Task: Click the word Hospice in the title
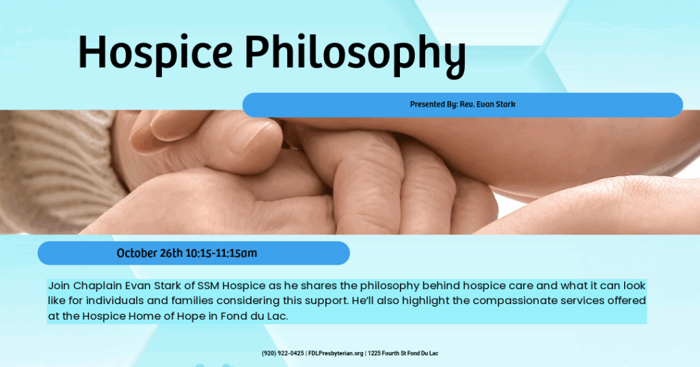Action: point(155,52)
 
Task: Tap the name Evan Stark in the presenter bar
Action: point(496,105)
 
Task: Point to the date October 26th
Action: point(150,253)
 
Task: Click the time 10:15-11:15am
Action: point(221,253)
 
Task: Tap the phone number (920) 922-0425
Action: point(282,353)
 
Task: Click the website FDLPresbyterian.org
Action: point(336,353)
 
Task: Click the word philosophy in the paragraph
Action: point(390,286)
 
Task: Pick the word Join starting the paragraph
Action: point(59,286)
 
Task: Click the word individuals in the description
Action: point(118,301)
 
